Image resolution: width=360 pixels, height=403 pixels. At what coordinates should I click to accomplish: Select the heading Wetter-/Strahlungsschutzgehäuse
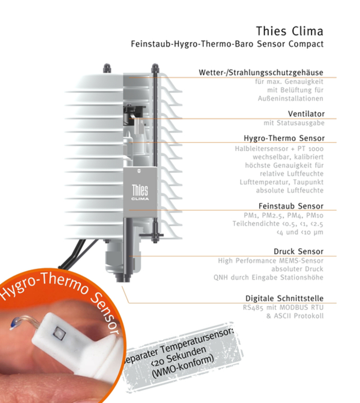click(261, 73)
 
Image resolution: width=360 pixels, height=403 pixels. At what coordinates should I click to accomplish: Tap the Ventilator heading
click(306, 114)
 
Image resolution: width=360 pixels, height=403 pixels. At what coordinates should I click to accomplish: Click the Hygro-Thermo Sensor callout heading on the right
click(284, 138)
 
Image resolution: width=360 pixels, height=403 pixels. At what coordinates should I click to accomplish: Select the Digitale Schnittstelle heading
click(284, 299)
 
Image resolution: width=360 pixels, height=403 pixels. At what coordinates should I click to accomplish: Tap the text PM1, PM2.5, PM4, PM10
click(283, 215)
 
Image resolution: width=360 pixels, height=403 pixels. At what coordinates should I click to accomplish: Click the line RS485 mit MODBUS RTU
click(283, 307)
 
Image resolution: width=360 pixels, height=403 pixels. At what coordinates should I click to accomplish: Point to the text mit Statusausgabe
click(294, 123)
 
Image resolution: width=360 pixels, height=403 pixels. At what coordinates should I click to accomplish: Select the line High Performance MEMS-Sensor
click(271, 261)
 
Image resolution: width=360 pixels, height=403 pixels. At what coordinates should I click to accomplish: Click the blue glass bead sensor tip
click(14, 324)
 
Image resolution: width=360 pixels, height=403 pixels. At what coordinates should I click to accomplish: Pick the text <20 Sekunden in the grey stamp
click(177, 358)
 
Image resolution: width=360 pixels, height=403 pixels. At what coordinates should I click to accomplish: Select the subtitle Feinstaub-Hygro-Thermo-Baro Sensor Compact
click(227, 44)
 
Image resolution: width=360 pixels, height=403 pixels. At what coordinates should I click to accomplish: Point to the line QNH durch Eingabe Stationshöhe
click(268, 277)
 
